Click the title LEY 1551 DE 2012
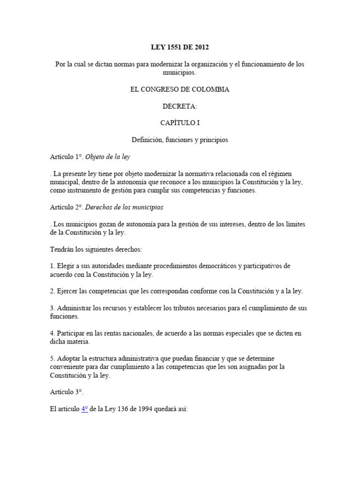(x=180, y=47)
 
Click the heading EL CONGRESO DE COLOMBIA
(x=180, y=89)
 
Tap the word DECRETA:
(x=180, y=106)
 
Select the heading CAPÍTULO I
(x=180, y=123)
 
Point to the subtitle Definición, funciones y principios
(x=180, y=140)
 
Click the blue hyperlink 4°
(x=84, y=409)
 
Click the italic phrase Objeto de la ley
(x=107, y=157)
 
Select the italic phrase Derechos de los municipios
(x=124, y=207)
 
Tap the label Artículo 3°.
(x=66, y=392)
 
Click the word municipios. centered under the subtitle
(x=180, y=72)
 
